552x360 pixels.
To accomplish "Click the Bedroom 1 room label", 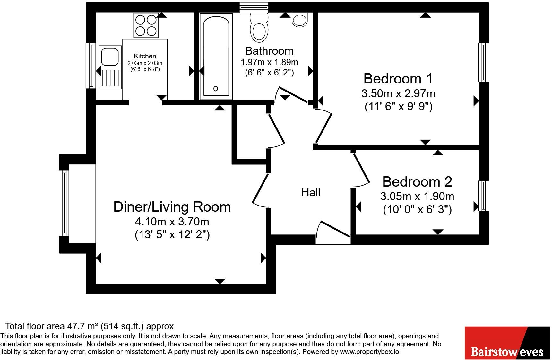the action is pyautogui.click(x=398, y=79).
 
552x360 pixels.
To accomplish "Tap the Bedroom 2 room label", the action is pyautogui.click(x=417, y=182).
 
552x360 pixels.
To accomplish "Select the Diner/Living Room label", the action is pyautogui.click(x=172, y=207).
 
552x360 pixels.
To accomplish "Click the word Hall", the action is pyautogui.click(x=311, y=193).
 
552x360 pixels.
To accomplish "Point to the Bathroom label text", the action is pyautogui.click(x=269, y=51).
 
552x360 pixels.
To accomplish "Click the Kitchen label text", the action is pyautogui.click(x=145, y=56).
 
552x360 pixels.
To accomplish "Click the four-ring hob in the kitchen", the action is pyautogui.click(x=146, y=25).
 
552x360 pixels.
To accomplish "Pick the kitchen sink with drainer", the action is pyautogui.click(x=110, y=67).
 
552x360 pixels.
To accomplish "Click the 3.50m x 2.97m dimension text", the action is pyautogui.click(x=398, y=94).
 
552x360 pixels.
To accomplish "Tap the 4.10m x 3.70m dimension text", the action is pyautogui.click(x=172, y=222).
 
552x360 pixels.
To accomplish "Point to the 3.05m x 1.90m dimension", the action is pyautogui.click(x=417, y=196).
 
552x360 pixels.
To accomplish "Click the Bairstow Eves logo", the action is pyautogui.click(x=507, y=343).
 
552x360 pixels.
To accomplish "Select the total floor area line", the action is pyautogui.click(x=90, y=326).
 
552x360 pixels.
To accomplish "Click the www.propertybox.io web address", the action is pyautogui.click(x=369, y=352).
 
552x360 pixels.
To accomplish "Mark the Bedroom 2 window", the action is pyautogui.click(x=483, y=196).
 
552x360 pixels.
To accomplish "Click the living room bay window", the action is pyautogui.click(x=64, y=203).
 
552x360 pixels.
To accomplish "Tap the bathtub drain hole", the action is pyautogui.click(x=215, y=89).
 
